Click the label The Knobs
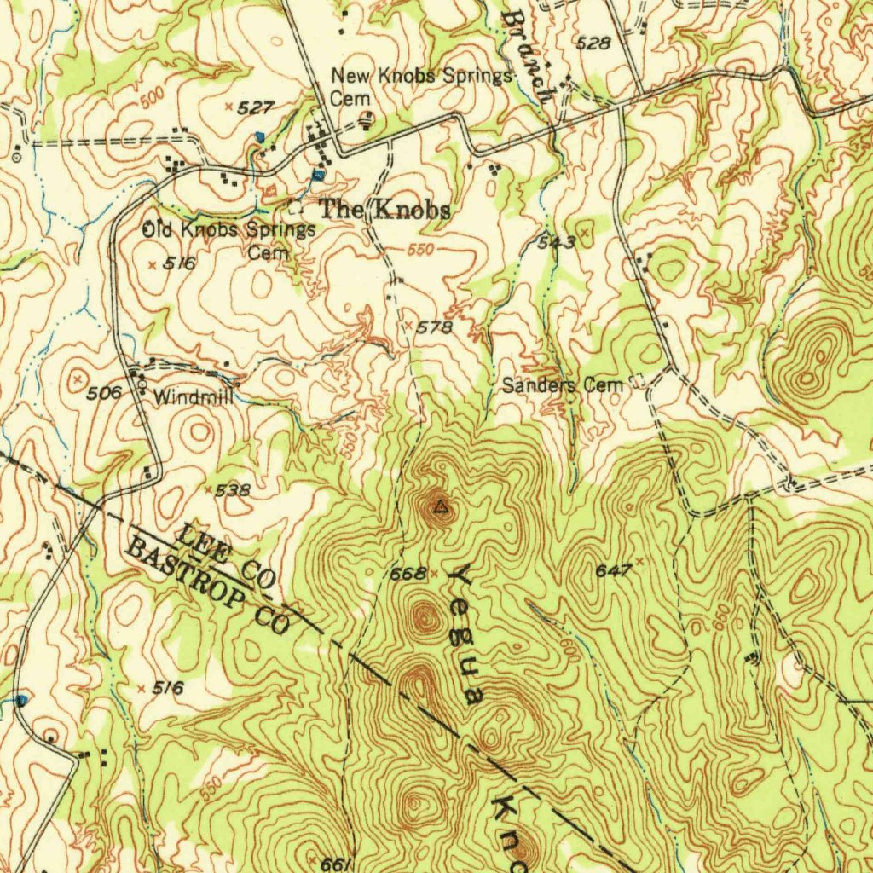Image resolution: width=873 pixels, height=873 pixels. (384, 210)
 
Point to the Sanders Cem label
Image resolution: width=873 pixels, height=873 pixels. (563, 385)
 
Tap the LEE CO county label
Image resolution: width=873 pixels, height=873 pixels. (225, 558)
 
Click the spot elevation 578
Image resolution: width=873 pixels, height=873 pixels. (435, 327)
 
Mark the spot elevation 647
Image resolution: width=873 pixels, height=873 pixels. (613, 570)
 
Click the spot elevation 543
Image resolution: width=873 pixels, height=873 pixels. (557, 243)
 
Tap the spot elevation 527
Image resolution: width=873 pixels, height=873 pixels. (255, 107)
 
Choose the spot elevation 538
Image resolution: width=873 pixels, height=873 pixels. (232, 490)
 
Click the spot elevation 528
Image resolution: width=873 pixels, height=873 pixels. (593, 43)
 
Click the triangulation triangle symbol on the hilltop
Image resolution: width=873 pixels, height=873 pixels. (440, 509)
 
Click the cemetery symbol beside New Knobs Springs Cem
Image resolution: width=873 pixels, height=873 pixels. (367, 119)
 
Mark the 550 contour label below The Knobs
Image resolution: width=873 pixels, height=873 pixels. (421, 250)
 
